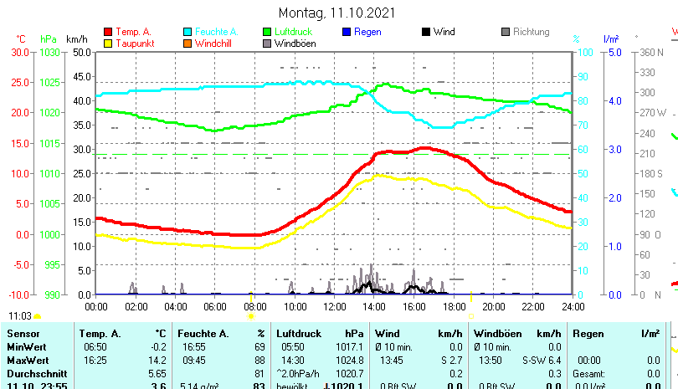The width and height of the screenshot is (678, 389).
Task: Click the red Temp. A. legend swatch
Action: tap(107, 32)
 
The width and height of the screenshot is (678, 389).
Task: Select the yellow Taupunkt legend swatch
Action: tap(107, 43)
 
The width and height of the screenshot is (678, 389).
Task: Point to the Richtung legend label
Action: tap(531, 32)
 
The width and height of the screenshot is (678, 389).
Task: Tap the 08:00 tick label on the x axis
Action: tap(254, 306)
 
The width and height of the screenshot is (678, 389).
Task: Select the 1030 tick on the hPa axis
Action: tap(49, 52)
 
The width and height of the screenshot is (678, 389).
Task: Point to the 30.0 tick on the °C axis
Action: tap(20, 52)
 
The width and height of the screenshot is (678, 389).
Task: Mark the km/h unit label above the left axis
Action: tap(76, 38)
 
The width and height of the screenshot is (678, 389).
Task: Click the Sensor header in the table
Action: tap(23, 334)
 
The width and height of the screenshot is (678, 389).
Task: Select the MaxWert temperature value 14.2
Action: tap(157, 359)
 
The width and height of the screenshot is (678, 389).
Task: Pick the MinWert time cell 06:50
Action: tap(95, 346)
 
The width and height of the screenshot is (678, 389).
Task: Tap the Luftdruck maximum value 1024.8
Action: tap(349, 359)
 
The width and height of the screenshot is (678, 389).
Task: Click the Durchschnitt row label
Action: tap(36, 372)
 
